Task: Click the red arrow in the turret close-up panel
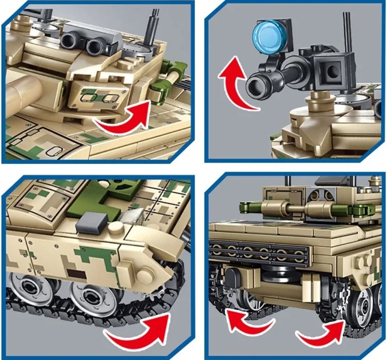click(122, 116)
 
